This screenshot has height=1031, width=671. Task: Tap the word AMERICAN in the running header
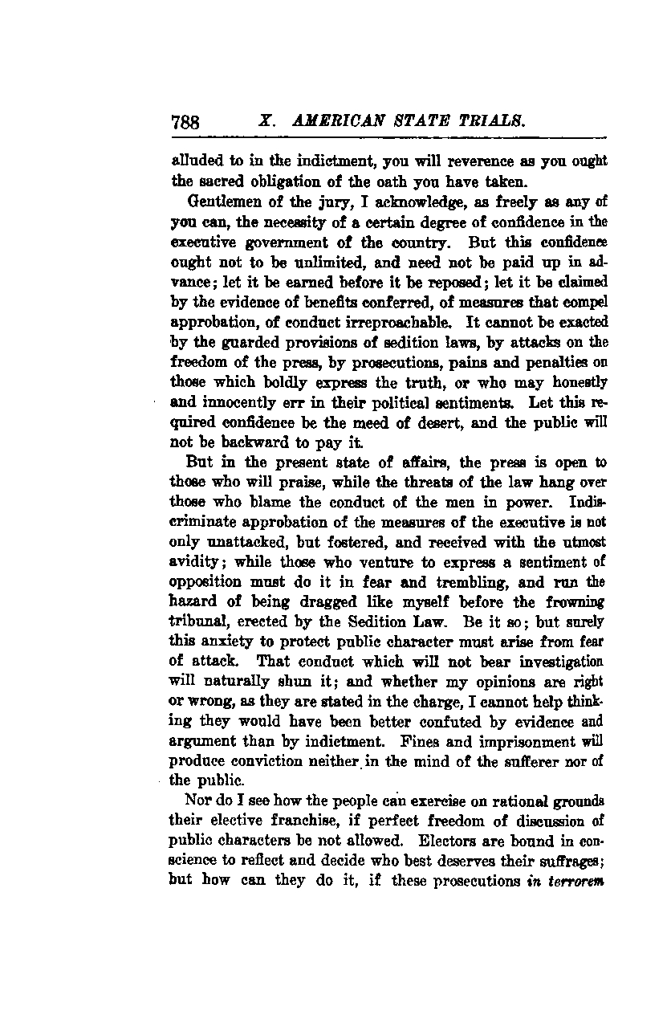click(328, 122)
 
